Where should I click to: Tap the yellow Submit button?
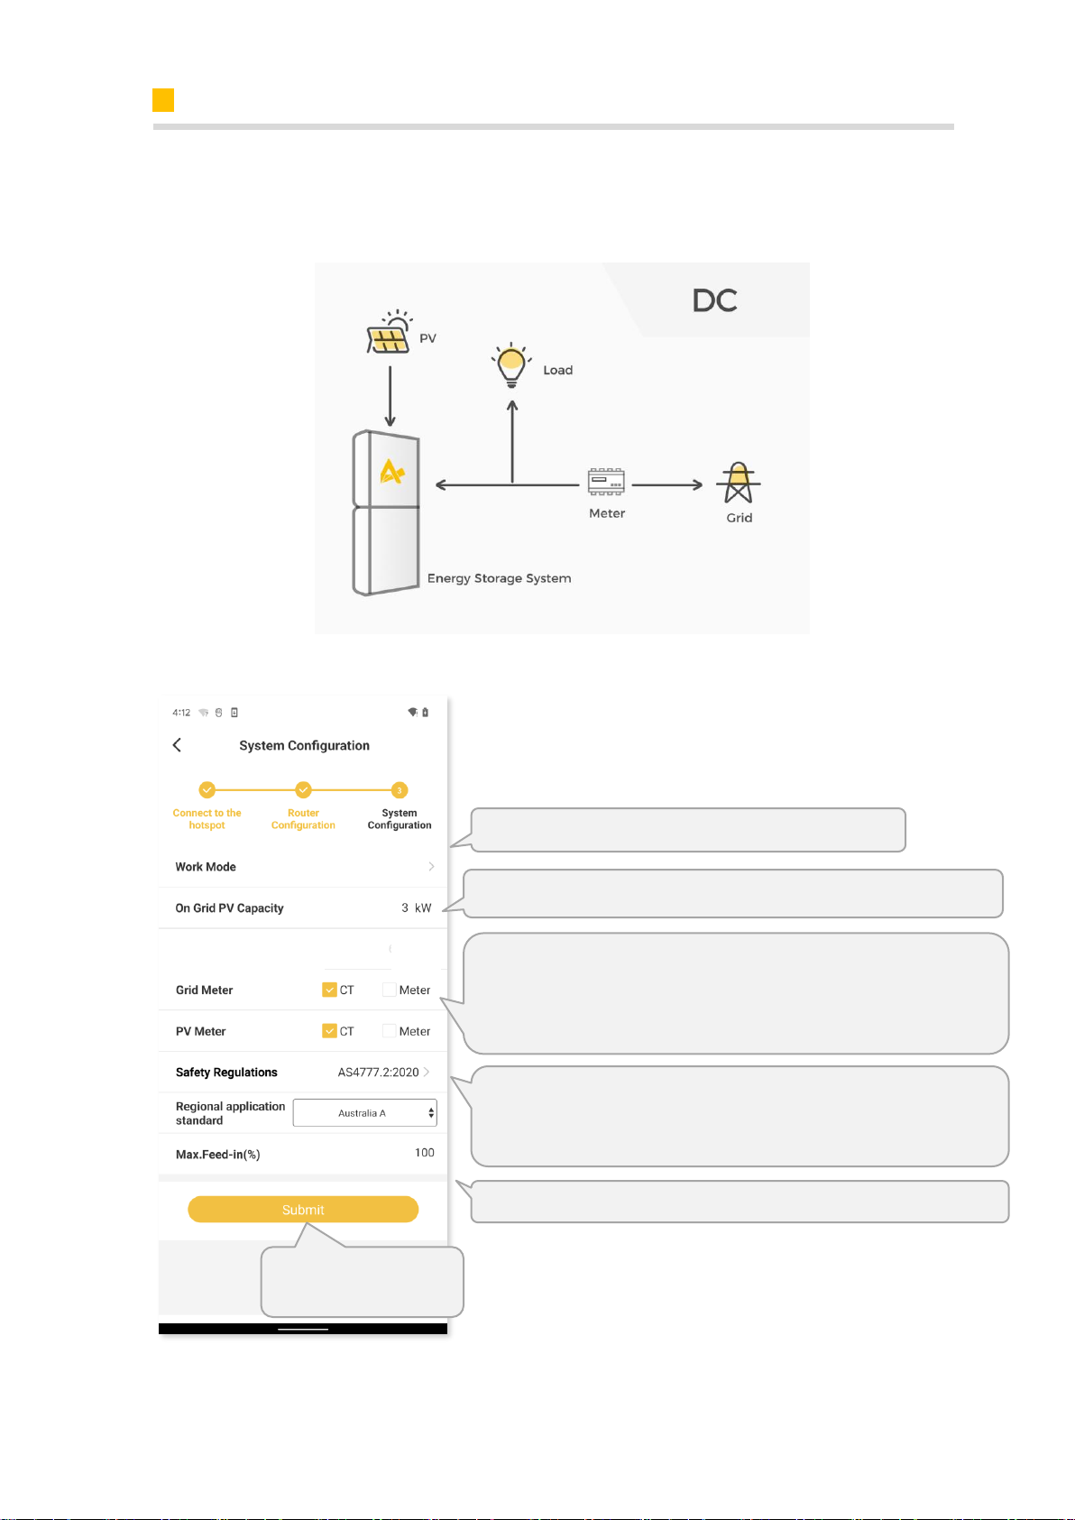click(302, 1209)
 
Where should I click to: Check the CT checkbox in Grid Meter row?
click(329, 990)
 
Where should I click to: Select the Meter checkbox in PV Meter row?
click(390, 1031)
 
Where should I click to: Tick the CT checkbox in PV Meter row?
click(329, 1031)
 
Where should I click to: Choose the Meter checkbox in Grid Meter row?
click(390, 990)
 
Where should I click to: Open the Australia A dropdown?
click(365, 1113)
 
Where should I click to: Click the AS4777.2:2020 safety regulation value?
click(379, 1073)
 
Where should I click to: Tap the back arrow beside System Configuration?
click(177, 745)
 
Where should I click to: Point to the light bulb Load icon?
click(511, 365)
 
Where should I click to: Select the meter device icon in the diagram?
click(606, 482)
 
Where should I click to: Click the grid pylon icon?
click(739, 484)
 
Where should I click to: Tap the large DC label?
click(715, 300)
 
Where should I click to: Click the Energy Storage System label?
click(500, 579)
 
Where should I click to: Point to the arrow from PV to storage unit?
click(390, 396)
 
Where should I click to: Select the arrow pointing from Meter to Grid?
click(667, 484)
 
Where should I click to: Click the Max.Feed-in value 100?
click(425, 1152)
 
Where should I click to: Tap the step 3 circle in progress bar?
click(400, 790)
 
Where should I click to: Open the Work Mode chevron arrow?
click(431, 867)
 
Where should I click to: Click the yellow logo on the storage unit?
click(392, 472)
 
